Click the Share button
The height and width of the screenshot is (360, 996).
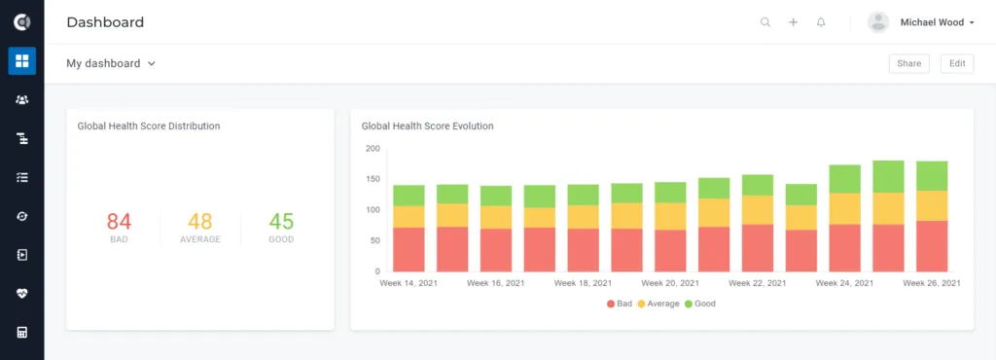point(909,63)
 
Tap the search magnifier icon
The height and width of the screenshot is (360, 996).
point(765,22)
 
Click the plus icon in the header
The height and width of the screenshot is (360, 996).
point(794,22)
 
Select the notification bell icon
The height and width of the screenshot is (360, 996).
point(821,22)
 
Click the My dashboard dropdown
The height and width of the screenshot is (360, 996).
point(111,63)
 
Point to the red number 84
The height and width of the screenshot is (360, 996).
point(119,222)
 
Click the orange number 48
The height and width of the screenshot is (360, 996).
point(200,222)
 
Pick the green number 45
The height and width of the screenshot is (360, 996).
point(281,222)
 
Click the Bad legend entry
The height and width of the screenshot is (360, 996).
point(620,304)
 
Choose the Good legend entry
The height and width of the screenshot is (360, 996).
point(700,304)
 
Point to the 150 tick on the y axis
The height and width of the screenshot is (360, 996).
point(373,179)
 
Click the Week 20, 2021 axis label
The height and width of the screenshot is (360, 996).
point(670,283)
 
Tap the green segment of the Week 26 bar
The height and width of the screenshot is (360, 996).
point(932,176)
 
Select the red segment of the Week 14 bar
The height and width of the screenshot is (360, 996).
point(409,249)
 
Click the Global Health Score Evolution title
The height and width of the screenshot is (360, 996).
point(428,126)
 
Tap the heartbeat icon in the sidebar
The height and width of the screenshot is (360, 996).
point(22,293)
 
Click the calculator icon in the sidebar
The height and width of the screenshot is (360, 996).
point(22,332)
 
